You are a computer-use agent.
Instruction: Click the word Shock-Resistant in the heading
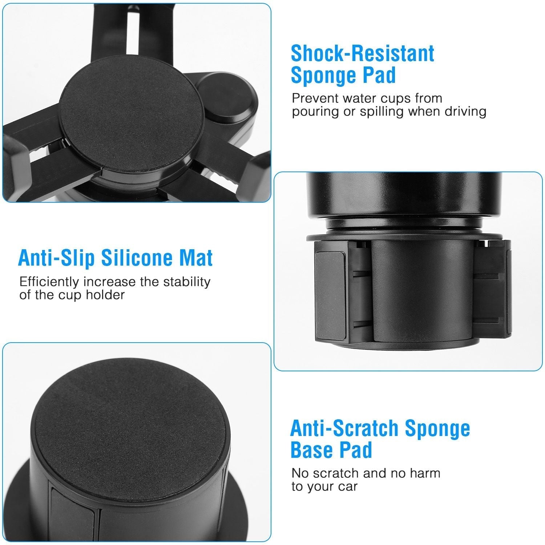362,54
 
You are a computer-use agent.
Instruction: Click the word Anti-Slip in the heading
56,258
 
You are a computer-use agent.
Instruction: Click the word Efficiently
49,282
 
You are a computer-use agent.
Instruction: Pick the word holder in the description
105,295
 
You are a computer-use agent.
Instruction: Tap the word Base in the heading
311,450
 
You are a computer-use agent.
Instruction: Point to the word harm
425,473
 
